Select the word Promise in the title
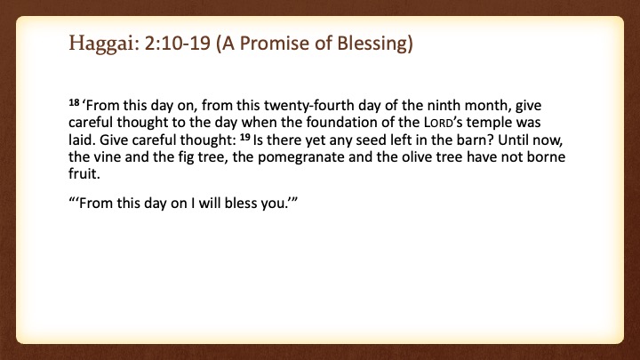[x=273, y=43]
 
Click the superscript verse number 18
[x=74, y=102]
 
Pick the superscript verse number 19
[x=244, y=137]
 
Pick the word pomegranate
[x=301, y=157]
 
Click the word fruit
[x=84, y=174]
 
